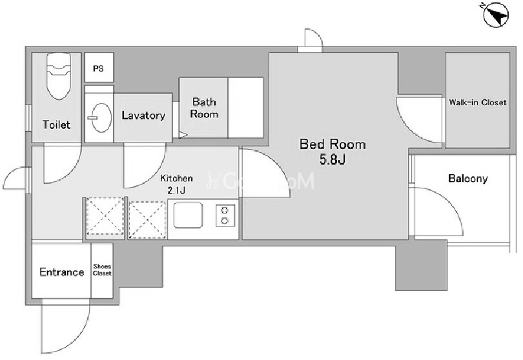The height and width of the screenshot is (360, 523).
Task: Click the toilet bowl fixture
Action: click(59, 76)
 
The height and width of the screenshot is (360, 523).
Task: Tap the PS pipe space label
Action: click(98, 68)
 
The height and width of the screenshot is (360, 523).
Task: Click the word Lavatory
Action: click(143, 115)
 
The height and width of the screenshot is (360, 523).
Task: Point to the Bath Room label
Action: click(204, 108)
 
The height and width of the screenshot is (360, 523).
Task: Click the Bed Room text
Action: click(333, 145)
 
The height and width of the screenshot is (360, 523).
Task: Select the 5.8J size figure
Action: click(333, 159)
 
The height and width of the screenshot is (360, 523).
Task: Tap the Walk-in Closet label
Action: click(477, 102)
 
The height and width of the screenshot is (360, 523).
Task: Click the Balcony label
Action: click(467, 179)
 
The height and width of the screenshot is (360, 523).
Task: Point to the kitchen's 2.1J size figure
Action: click(176, 191)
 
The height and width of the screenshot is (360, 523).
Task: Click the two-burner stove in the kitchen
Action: click(225, 215)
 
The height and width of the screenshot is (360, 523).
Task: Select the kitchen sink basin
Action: click(188, 215)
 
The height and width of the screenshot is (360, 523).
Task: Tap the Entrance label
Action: click(62, 272)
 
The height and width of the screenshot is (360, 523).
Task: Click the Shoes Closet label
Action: click(102, 270)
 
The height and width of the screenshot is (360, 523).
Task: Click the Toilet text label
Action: click(56, 125)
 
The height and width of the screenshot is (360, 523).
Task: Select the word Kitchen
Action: click(176, 178)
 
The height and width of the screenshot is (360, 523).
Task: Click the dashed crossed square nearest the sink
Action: click(147, 220)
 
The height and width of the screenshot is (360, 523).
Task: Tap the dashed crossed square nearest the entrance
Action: click(105, 216)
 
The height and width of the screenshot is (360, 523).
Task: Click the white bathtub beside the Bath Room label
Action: click(245, 108)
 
